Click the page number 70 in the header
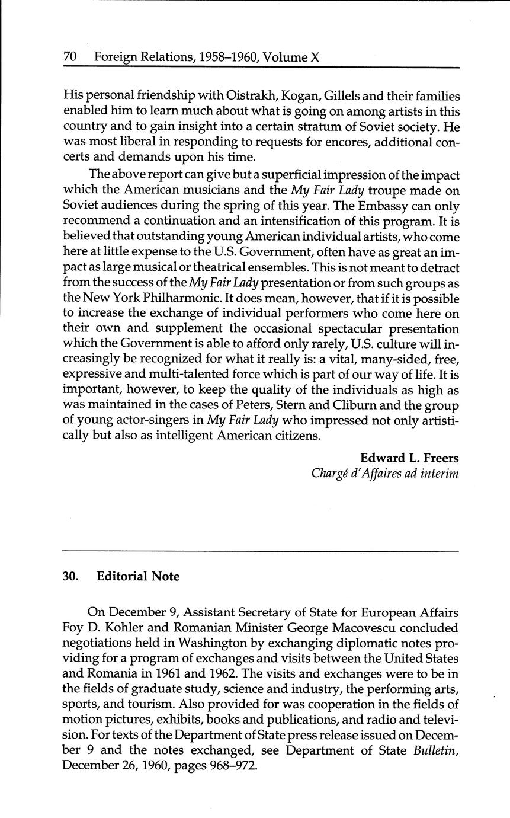[70, 57]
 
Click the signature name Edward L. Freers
[409, 458]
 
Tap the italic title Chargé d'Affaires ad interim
[385, 474]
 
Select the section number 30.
[70, 576]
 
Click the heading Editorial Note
[138, 576]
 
